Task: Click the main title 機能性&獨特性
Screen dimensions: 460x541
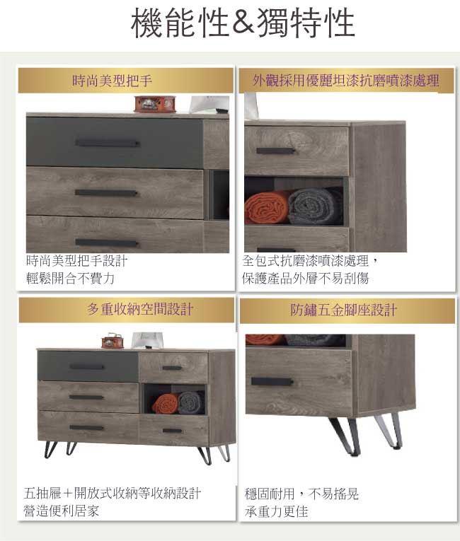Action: point(243,23)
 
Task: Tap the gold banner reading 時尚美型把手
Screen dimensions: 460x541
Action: point(126,81)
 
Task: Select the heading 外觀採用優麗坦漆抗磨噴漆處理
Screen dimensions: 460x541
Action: point(346,81)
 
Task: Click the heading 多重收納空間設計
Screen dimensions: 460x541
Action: point(140,309)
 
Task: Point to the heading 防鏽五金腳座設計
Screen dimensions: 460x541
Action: point(344,310)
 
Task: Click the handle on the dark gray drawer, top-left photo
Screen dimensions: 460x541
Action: point(108,142)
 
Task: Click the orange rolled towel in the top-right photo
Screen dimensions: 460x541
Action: point(266,208)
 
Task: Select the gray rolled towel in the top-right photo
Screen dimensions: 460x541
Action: point(314,206)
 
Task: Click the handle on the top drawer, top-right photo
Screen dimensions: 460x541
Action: point(275,151)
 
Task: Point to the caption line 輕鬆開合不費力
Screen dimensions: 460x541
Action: point(70,278)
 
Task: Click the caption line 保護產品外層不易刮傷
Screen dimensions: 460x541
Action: point(306,278)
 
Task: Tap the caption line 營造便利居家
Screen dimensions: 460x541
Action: point(62,511)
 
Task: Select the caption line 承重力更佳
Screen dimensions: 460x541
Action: point(276,511)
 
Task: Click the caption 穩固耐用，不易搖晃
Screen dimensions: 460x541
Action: point(302,494)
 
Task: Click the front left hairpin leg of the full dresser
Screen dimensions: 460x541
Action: point(51,449)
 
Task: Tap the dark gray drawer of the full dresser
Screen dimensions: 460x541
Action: point(88,366)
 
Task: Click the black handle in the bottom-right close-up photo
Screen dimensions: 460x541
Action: point(272,382)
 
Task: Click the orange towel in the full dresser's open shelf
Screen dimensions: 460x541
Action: point(165,404)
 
